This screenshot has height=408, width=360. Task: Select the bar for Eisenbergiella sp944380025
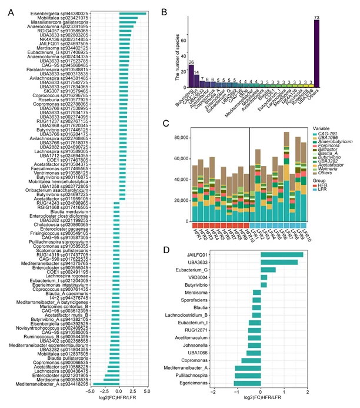tap(132, 13)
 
